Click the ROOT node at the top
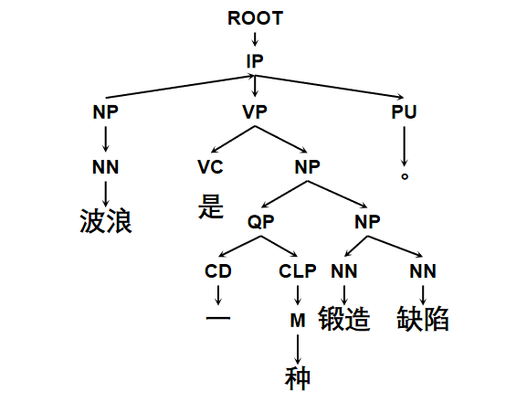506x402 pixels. point(255,18)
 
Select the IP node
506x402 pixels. point(255,60)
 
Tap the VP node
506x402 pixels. point(255,113)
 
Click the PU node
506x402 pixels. point(404,113)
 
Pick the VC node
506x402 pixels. point(211,167)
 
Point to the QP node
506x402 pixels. point(261,220)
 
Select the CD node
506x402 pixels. point(218,271)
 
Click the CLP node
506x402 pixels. point(297,271)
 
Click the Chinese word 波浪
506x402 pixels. point(106,221)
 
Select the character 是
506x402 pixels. point(211,206)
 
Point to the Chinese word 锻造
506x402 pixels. point(344,319)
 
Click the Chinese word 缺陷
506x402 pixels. point(423,319)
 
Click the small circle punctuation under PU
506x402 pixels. point(404,174)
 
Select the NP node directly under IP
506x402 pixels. point(106,113)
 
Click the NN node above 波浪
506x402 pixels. point(106,167)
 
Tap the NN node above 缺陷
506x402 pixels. point(423,271)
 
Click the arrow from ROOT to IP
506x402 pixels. point(255,38)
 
